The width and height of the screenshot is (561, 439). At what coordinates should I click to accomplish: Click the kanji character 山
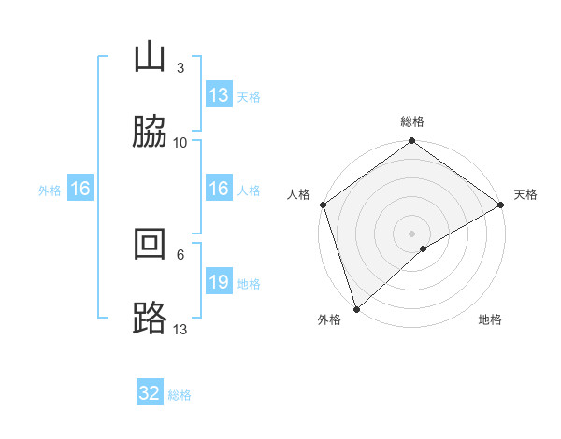(x=150, y=59)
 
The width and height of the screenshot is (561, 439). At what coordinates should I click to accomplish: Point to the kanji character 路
(x=150, y=319)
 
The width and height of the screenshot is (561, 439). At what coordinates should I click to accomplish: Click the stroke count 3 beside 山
(x=180, y=68)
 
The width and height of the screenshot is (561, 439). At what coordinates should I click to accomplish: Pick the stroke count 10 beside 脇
(x=180, y=142)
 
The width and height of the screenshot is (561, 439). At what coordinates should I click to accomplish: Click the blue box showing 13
(x=219, y=95)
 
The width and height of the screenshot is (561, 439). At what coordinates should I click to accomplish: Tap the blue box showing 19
(x=219, y=282)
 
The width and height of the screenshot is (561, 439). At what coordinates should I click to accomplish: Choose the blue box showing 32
(x=150, y=393)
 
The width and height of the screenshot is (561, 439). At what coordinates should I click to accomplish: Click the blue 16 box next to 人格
(x=219, y=189)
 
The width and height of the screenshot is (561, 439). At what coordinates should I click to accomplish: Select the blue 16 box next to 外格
(x=80, y=189)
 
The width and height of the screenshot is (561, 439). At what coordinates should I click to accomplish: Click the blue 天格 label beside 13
(x=248, y=96)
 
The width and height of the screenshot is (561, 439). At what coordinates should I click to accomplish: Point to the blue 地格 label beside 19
(x=249, y=283)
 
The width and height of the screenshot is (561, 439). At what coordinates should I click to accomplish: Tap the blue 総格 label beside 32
(x=180, y=394)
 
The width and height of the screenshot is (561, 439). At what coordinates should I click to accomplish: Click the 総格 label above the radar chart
(x=412, y=121)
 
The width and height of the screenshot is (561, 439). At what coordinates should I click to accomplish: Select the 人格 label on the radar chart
(x=299, y=194)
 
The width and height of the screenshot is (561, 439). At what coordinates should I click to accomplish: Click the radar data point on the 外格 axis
(x=356, y=308)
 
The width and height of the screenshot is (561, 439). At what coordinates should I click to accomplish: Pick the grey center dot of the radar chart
(x=411, y=234)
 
